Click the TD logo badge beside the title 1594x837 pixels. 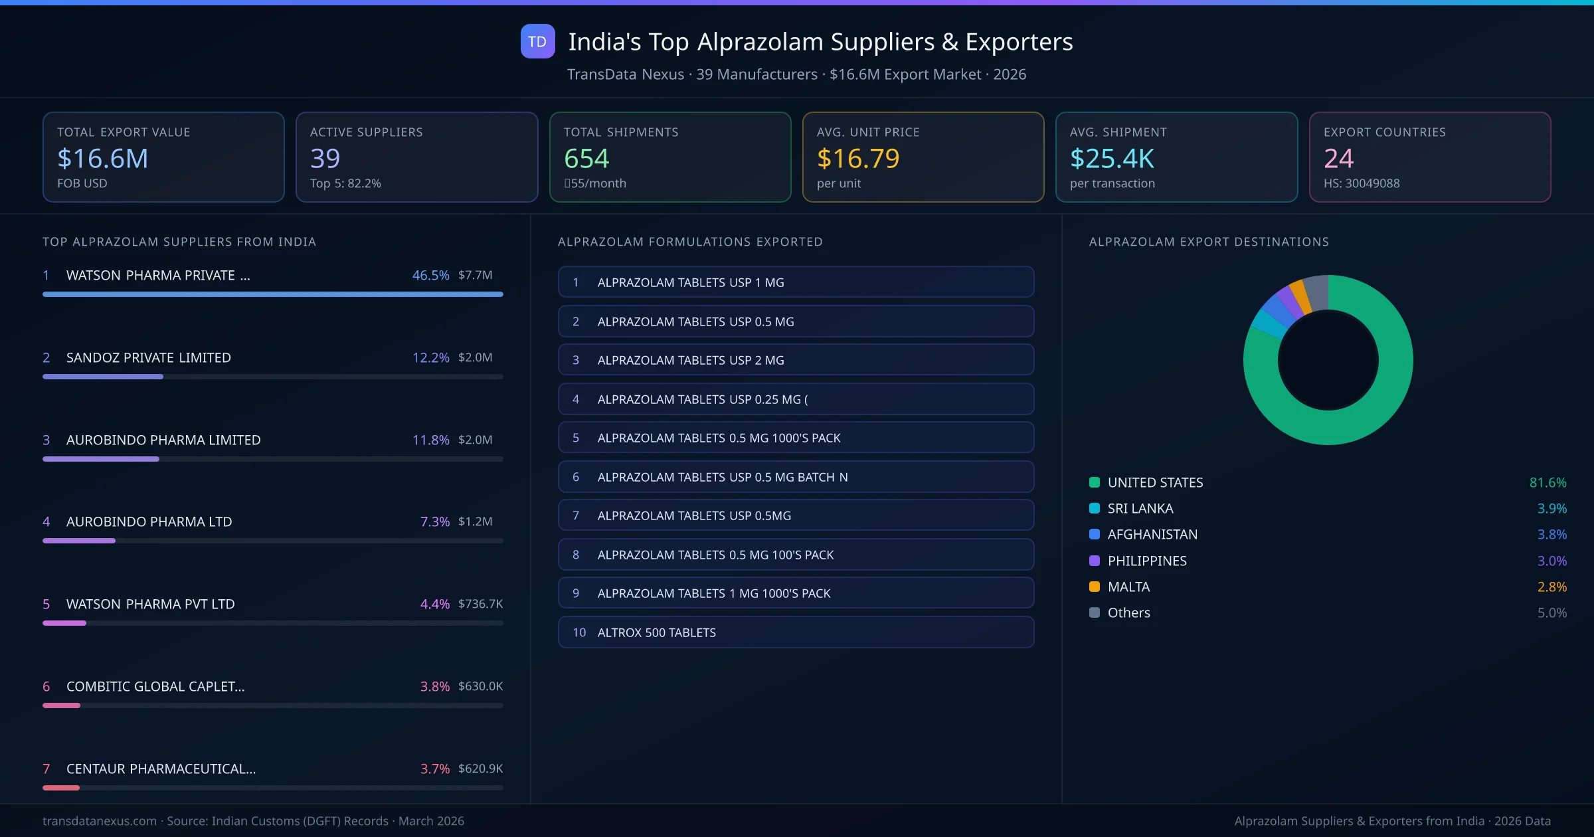pos(537,41)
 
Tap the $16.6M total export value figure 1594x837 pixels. pos(102,158)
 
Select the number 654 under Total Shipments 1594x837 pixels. pos(586,158)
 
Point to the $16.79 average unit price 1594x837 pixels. pos(857,158)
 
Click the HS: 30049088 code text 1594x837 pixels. pos(1361,183)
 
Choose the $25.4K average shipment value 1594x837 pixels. pos(1112,158)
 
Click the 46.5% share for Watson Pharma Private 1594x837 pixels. pos(430,275)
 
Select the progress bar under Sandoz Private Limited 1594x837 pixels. pos(272,377)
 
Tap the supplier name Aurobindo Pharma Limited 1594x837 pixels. pos(163,440)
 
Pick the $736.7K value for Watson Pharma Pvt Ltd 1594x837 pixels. pos(480,604)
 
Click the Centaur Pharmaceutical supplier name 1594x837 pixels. pos(161,769)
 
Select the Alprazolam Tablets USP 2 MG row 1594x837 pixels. pos(796,360)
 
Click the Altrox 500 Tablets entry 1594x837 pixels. pos(796,632)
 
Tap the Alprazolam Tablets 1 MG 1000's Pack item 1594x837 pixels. pos(796,593)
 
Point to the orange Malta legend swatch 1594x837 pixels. pos(1095,587)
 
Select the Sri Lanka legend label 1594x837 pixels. pos(1140,508)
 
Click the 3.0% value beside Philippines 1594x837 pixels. pos(1551,561)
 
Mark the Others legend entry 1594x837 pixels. pos(1128,612)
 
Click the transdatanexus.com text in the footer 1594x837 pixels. pos(100,821)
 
